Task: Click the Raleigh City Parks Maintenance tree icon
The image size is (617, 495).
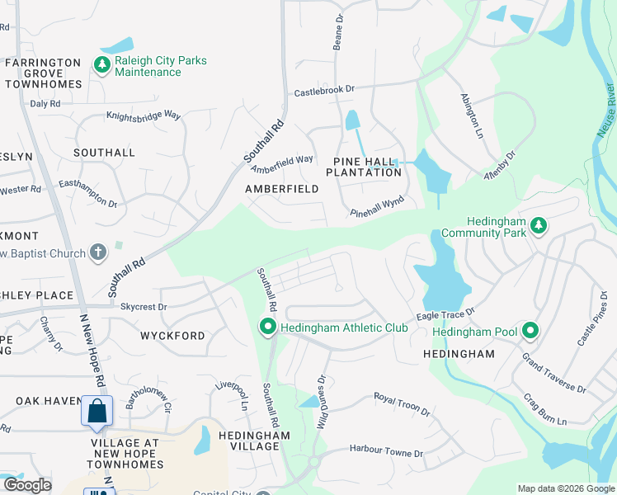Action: tap(102, 64)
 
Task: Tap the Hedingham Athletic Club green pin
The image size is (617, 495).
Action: tap(267, 328)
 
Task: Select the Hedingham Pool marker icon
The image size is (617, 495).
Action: tap(530, 332)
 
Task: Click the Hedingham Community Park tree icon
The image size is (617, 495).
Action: tap(539, 224)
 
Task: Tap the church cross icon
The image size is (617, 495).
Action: tap(97, 252)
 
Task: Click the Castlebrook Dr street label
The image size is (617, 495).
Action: tap(324, 90)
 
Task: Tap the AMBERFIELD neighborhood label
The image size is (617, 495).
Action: tap(281, 189)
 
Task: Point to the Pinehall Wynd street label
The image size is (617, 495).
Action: tap(381, 208)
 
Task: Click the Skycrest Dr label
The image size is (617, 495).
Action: tap(144, 307)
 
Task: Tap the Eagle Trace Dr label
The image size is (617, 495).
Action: tap(445, 313)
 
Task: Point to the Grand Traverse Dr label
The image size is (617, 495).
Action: tap(553, 373)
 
